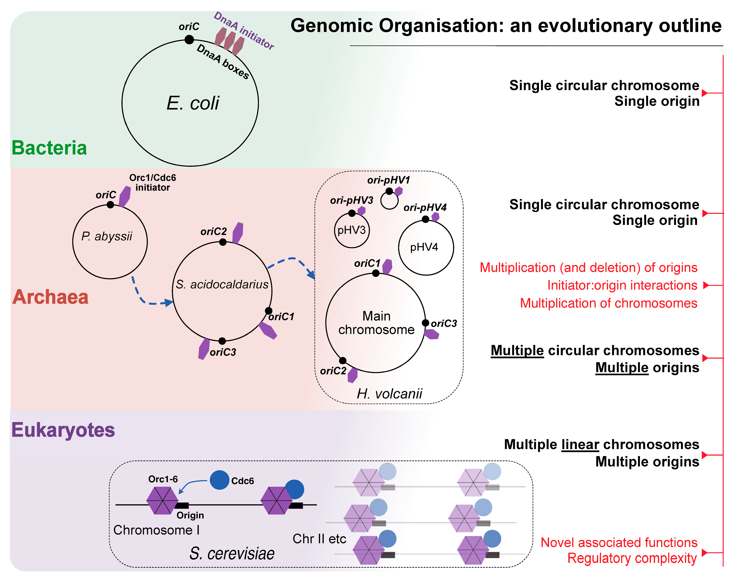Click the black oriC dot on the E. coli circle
[189, 40]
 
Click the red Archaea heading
[50, 297]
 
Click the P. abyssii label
[107, 236]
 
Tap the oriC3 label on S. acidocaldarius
[223, 352]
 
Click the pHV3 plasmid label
[352, 230]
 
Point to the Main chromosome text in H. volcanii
[376, 323]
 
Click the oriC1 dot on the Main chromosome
[376, 273]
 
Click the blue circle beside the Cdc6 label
[220, 480]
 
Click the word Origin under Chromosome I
[190, 515]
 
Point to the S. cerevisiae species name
[232, 553]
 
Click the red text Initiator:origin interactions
[622, 285]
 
